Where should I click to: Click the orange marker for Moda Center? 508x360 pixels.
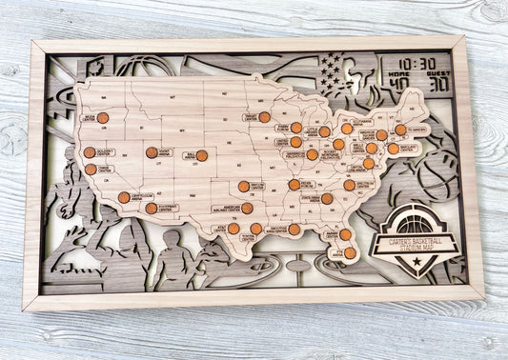click(103, 118)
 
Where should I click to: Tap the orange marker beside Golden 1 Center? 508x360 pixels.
click(90, 151)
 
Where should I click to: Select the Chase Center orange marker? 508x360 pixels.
click(91, 170)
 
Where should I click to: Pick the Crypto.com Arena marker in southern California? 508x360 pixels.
click(124, 197)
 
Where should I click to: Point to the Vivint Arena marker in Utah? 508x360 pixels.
click(152, 152)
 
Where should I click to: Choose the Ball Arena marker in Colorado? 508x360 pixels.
click(202, 155)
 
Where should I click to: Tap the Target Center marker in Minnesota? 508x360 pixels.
click(264, 117)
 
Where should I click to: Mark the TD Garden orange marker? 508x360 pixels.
click(400, 130)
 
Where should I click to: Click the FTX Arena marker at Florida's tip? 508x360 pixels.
click(350, 252)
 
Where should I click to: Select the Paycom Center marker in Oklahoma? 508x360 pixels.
click(244, 187)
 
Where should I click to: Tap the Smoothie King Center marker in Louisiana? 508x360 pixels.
click(294, 230)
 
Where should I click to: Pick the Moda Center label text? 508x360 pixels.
click(89, 118)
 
